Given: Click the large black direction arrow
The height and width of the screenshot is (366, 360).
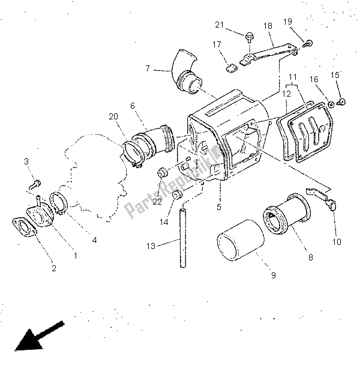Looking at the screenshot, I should [39, 337].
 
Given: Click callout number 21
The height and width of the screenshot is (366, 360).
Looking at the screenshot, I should [219, 25].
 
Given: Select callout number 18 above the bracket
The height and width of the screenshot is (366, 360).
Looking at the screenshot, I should [268, 26].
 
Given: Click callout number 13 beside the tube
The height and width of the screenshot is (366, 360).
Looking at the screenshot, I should [151, 246].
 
